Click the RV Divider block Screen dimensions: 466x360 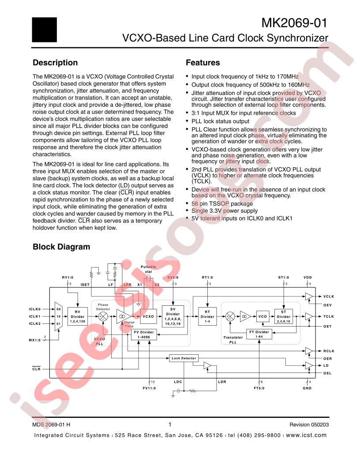(x=77, y=316)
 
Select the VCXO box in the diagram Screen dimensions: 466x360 (x=148, y=316)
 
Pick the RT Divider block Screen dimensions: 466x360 (x=207, y=316)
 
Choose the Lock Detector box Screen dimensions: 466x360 (x=184, y=358)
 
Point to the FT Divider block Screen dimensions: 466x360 (x=259, y=334)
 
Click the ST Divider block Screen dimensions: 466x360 (x=284, y=316)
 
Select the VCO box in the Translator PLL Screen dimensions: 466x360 (x=262, y=316)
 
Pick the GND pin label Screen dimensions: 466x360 (x=307, y=388)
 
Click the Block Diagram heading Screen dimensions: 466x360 (x=61, y=247)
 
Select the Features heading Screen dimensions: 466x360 (x=202, y=63)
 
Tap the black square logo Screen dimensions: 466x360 (x=45, y=30)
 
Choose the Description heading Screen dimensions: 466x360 (x=55, y=63)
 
